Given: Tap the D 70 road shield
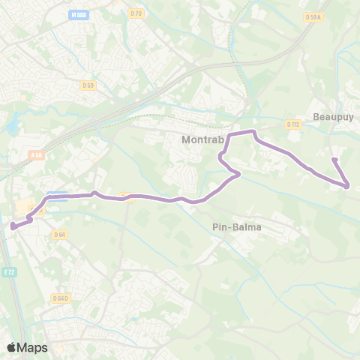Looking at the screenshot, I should pos(135,13).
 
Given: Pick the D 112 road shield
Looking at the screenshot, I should pos(293,124).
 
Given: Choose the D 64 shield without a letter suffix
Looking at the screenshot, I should pos(60,235).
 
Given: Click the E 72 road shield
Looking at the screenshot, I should pos(8,271).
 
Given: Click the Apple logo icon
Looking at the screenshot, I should pos(12,347).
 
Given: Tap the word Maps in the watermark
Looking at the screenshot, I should pos(33,347).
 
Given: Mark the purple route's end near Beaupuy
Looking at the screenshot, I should pos(334,159).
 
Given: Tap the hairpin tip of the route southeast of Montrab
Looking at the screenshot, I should pos(238,175).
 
